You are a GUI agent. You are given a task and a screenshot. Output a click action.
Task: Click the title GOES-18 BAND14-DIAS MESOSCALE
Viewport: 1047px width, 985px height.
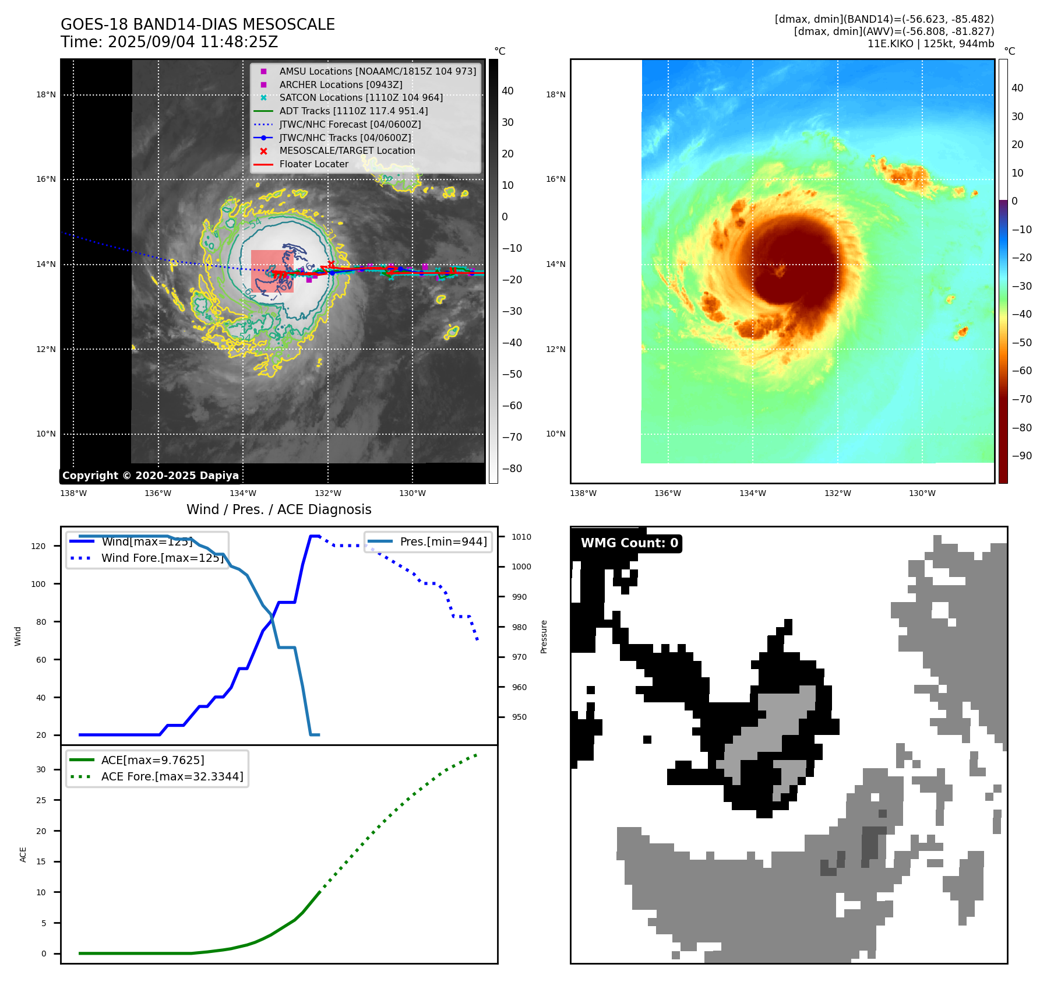tap(198, 24)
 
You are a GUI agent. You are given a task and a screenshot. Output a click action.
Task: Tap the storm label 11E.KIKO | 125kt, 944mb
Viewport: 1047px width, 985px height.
tap(930, 44)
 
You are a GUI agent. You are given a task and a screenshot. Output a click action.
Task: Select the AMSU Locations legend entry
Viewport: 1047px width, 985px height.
tap(377, 71)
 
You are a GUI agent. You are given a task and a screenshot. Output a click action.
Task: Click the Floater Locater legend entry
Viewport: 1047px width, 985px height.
tap(313, 164)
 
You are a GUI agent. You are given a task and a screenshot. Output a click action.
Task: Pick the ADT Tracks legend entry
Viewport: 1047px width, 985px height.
tap(353, 111)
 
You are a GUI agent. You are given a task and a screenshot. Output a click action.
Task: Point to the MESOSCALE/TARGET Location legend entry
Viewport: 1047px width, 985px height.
tap(347, 151)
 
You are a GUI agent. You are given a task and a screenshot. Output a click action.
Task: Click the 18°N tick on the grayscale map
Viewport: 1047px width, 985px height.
tap(46, 94)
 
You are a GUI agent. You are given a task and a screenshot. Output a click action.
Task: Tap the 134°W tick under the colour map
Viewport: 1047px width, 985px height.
tap(752, 494)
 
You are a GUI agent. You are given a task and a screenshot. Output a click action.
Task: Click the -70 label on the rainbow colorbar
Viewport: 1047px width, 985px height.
tap(1021, 399)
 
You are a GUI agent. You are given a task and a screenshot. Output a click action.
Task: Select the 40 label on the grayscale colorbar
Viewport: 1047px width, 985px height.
tap(507, 91)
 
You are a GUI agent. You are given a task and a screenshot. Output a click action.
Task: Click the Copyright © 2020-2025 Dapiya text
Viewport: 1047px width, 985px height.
tap(150, 476)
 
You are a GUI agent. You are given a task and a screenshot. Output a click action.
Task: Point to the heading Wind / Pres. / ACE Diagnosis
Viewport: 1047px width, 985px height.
tap(279, 509)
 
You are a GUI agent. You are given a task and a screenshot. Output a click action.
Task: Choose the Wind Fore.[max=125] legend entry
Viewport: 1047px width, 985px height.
tap(162, 558)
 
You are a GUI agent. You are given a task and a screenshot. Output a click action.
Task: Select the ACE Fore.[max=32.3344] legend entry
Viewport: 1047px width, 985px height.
tap(172, 776)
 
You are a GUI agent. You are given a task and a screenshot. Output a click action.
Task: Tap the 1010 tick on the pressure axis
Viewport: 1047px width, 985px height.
tap(521, 537)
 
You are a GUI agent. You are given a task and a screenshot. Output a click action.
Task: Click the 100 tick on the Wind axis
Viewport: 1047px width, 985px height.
tap(38, 584)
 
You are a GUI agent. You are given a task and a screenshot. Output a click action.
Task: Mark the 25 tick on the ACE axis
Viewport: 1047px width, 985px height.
tap(41, 800)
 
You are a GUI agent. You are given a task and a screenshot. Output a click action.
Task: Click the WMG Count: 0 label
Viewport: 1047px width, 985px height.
tap(629, 543)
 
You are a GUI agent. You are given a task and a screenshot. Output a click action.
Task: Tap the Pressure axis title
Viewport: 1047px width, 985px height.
tap(544, 636)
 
